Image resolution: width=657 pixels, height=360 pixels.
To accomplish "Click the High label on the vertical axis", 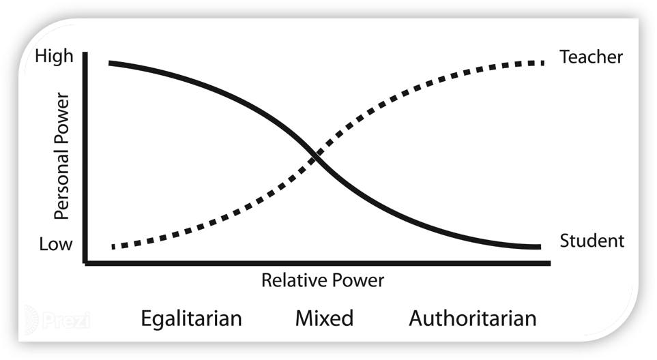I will click(x=53, y=56).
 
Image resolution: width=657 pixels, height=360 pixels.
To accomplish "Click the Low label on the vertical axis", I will click(x=55, y=244).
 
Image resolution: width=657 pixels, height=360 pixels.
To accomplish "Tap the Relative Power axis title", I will click(x=323, y=280).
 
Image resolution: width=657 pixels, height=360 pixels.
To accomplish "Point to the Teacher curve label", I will click(x=591, y=57).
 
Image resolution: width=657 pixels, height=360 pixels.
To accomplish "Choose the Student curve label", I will click(x=592, y=241).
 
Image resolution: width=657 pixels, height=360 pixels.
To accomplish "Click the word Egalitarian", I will click(x=191, y=319).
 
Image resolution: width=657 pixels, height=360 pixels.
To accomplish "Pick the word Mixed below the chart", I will click(x=324, y=318).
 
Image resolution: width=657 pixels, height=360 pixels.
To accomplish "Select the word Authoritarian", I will click(x=472, y=318).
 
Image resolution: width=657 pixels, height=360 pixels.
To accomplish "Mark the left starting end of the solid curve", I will click(x=110, y=63).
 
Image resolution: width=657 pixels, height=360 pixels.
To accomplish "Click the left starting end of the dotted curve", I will click(x=113, y=246).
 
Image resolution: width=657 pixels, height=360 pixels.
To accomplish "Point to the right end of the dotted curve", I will click(x=542, y=63).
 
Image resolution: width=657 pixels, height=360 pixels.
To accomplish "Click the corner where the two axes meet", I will click(x=85, y=262).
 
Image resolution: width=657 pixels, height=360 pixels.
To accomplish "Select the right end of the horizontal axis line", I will click(x=550, y=262).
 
